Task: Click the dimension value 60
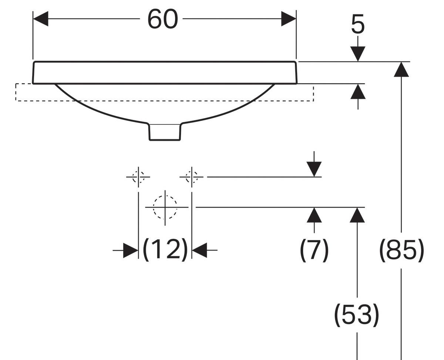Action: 162,19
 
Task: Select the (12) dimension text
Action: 165,250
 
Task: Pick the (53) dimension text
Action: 357,315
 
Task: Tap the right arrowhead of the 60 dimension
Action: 289,19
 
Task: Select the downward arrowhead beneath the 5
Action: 358,54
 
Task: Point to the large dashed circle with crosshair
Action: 165,207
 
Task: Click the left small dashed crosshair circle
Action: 138,177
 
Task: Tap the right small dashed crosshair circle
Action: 191,177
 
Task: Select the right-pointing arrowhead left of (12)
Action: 131,250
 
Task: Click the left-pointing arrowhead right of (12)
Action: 199,250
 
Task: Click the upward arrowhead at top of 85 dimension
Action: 401,69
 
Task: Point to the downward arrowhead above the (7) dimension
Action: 314,169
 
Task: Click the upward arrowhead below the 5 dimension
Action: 358,91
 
